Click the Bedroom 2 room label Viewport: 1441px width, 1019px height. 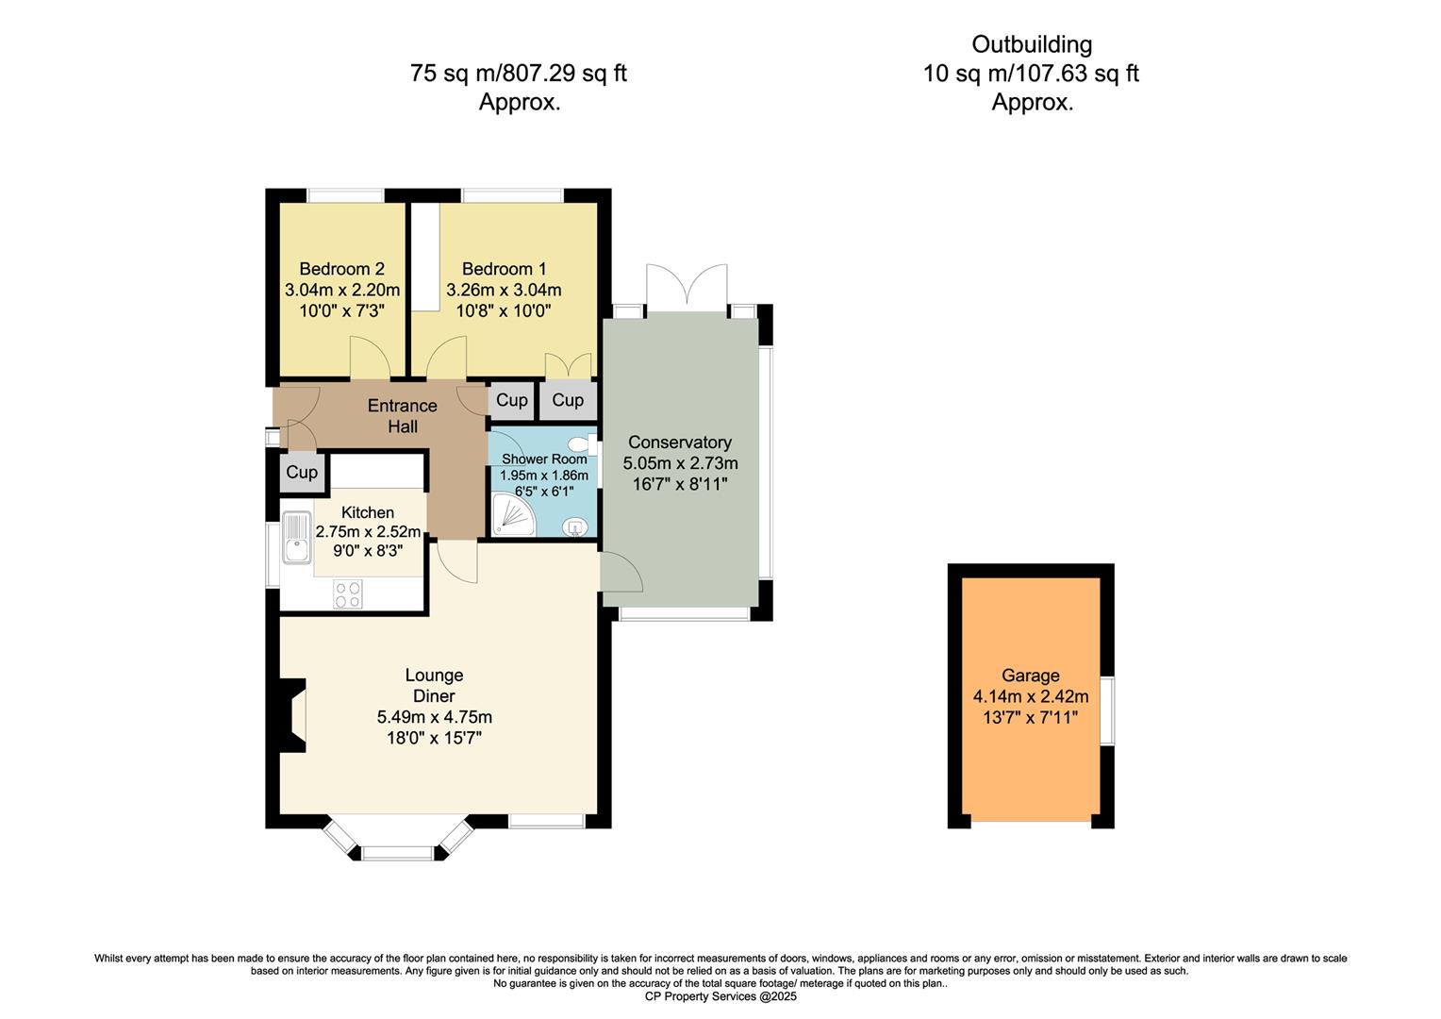point(341,269)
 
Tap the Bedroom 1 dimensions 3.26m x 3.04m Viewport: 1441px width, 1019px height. point(504,290)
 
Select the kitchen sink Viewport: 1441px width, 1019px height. point(297,538)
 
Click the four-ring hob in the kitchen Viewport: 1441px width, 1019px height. point(347,593)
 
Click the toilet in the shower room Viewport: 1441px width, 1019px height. point(581,443)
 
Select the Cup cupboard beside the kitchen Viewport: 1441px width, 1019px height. point(302,472)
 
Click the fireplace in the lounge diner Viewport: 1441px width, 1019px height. point(293,715)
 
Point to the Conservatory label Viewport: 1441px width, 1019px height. point(680,442)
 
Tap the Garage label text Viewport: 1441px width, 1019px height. point(1030,676)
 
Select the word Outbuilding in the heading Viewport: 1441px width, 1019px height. point(1032,44)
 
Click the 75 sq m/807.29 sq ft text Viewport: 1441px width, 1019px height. point(519,73)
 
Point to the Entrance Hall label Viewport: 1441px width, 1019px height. point(403,416)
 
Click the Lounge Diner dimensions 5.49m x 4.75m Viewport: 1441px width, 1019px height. point(434,717)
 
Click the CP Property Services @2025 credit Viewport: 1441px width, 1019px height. point(720,996)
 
